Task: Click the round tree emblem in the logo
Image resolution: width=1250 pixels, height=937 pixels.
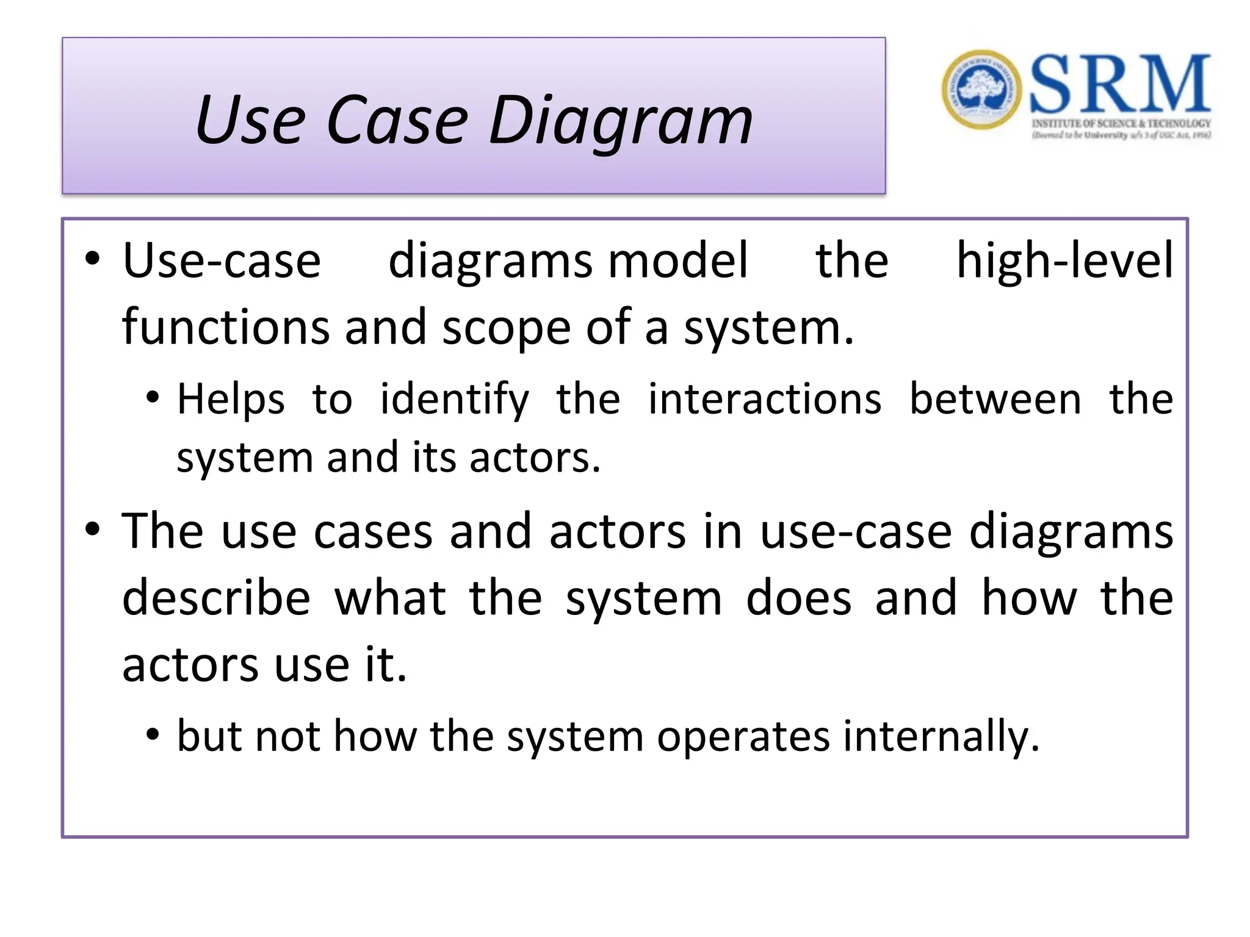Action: coord(981,90)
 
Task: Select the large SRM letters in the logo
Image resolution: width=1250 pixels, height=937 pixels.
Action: coord(1119,84)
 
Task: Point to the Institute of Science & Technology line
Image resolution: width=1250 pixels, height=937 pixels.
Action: coord(1121,124)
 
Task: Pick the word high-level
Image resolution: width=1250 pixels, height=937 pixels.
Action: coord(1064,261)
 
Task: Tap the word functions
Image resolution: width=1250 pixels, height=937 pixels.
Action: coord(225,328)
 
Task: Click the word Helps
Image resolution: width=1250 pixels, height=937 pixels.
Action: coord(231,400)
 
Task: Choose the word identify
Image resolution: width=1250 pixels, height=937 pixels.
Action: coord(455,400)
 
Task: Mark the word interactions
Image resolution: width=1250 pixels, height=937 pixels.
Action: coord(765,400)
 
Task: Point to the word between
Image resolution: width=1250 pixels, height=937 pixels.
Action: coord(995,400)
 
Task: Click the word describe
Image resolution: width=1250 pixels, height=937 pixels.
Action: coord(216,598)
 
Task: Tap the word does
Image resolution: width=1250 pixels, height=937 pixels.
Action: coord(798,598)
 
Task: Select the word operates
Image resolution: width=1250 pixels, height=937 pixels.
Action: coord(743,737)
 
